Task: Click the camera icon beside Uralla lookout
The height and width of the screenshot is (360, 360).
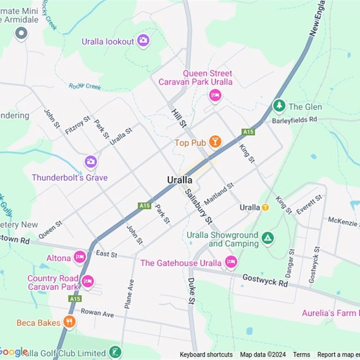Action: point(143,41)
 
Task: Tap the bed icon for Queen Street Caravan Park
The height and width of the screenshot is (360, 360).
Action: point(215,95)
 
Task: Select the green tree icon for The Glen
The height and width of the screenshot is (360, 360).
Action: point(279,106)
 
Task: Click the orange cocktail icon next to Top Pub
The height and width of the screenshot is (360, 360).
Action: point(215,142)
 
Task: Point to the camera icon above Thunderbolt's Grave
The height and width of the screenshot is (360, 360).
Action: point(90,162)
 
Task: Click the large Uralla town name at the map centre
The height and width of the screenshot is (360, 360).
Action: point(180,180)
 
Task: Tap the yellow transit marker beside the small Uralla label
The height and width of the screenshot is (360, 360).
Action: point(265,207)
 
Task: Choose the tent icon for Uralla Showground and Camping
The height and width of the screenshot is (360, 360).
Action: point(268,238)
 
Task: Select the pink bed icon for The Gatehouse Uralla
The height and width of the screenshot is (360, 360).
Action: point(231,262)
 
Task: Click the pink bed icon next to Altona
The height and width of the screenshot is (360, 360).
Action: point(80,257)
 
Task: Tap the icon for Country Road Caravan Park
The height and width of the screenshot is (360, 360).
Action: point(87,282)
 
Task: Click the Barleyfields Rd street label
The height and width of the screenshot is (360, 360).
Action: point(294,120)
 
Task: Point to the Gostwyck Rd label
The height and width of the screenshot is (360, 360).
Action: point(265,280)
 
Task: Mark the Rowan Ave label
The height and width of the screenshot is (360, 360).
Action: point(97,312)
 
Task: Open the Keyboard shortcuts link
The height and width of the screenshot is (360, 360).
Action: point(206,355)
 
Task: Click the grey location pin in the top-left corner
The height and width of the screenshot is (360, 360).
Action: point(21,33)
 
